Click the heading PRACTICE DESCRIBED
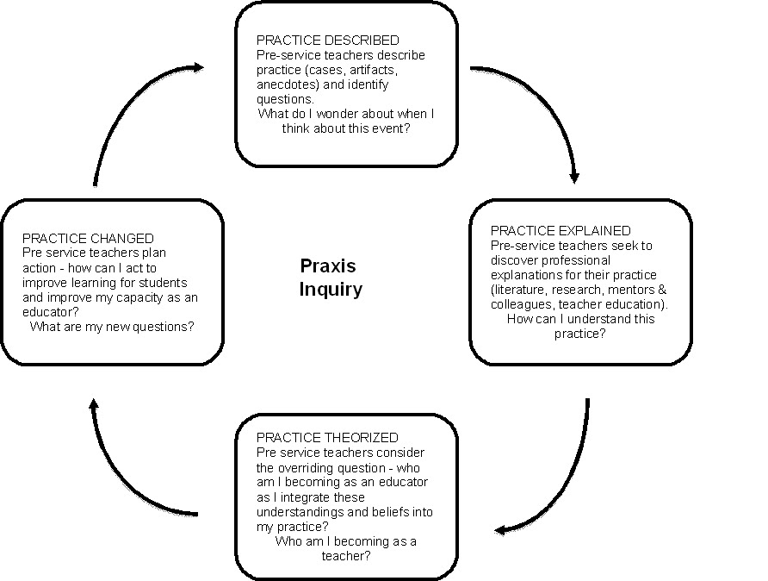[327, 41]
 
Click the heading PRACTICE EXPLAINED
[561, 230]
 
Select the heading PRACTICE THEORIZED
[327, 438]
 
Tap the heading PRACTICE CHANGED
[88, 238]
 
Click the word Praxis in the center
[327, 266]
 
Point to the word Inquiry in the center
[331, 289]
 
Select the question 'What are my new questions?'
[112, 327]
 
